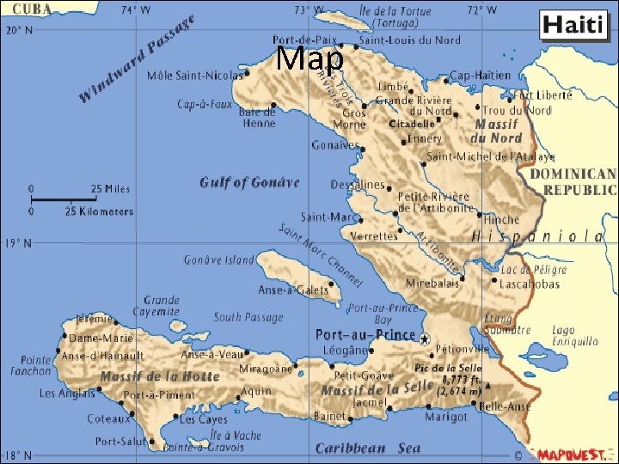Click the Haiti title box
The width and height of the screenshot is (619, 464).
573,26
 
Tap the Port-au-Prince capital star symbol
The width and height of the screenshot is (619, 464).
424,339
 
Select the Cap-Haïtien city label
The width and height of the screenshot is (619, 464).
480,76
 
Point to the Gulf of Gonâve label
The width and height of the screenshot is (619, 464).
249,182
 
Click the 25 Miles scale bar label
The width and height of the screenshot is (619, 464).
111,189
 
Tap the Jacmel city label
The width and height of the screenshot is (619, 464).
370,401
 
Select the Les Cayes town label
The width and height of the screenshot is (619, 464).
203,419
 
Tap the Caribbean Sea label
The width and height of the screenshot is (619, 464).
368,449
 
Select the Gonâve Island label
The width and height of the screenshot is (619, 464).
219,259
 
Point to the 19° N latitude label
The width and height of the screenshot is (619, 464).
17,244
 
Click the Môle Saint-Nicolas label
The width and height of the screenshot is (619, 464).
194,76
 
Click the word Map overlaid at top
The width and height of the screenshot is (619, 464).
311,58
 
